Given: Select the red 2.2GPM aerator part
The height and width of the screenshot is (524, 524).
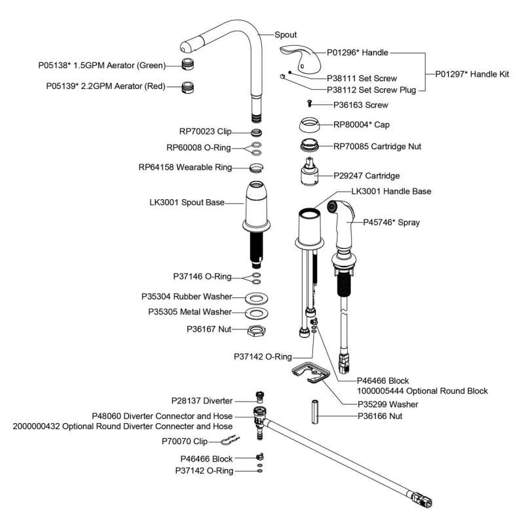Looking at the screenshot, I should tap(189, 86).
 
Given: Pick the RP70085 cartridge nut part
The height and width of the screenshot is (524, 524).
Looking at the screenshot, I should tap(310, 145).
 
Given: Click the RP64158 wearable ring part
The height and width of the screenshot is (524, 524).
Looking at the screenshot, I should tap(257, 167).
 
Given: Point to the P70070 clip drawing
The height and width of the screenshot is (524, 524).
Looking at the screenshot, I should tap(225, 441).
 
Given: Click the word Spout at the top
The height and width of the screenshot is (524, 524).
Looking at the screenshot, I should tap(286, 35).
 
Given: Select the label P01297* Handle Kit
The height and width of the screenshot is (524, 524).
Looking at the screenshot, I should tap(472, 75).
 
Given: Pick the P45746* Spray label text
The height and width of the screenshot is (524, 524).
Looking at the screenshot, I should tap(392, 222).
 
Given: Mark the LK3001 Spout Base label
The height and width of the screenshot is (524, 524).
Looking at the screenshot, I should tap(187, 204).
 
